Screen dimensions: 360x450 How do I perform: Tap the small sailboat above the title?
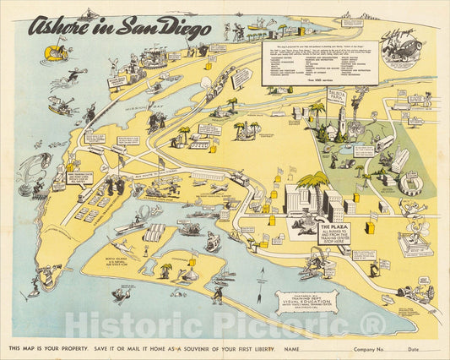tap(87, 14)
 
